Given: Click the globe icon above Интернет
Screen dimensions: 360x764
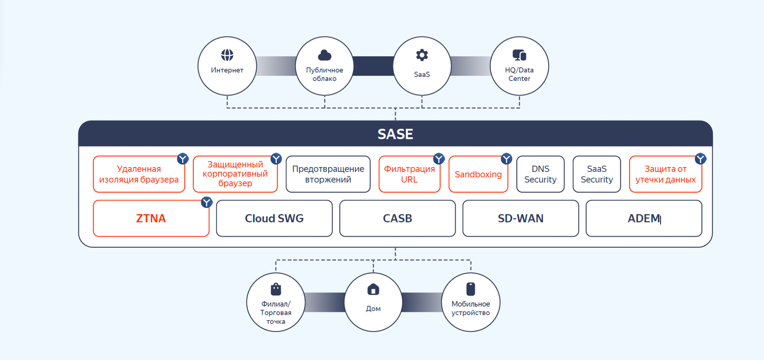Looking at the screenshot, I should click(227, 55).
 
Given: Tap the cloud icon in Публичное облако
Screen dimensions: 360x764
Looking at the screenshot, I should click(325, 55).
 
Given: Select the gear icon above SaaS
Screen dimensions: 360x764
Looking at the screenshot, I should click(422, 55).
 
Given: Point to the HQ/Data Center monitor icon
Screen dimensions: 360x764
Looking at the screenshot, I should click(519, 55).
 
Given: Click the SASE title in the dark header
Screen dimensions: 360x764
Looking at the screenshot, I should click(395, 134).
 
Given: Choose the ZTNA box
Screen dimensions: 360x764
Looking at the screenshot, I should click(151, 219).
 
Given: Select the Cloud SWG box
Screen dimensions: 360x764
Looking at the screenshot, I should click(274, 219).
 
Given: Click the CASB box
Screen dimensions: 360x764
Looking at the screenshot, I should click(397, 219).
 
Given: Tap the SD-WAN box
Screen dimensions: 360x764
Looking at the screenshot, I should click(520, 219).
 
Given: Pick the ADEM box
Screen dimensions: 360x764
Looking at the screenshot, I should click(644, 219).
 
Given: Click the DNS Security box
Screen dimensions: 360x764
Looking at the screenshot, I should click(540, 174).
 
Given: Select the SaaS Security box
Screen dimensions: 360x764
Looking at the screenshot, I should click(597, 174).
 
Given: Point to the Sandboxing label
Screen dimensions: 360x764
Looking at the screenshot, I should click(478, 175).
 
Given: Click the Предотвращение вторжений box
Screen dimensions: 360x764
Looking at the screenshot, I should click(328, 174).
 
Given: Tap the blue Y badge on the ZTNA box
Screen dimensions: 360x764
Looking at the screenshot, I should click(207, 202).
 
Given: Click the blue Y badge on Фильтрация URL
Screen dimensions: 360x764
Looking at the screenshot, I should click(439, 159).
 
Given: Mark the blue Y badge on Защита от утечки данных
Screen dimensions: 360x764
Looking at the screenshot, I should click(700, 159).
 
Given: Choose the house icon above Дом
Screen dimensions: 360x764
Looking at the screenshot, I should click(373, 289).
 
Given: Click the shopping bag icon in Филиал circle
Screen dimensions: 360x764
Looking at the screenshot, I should click(276, 289).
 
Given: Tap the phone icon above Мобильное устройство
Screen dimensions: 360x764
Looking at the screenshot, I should click(470, 289).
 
